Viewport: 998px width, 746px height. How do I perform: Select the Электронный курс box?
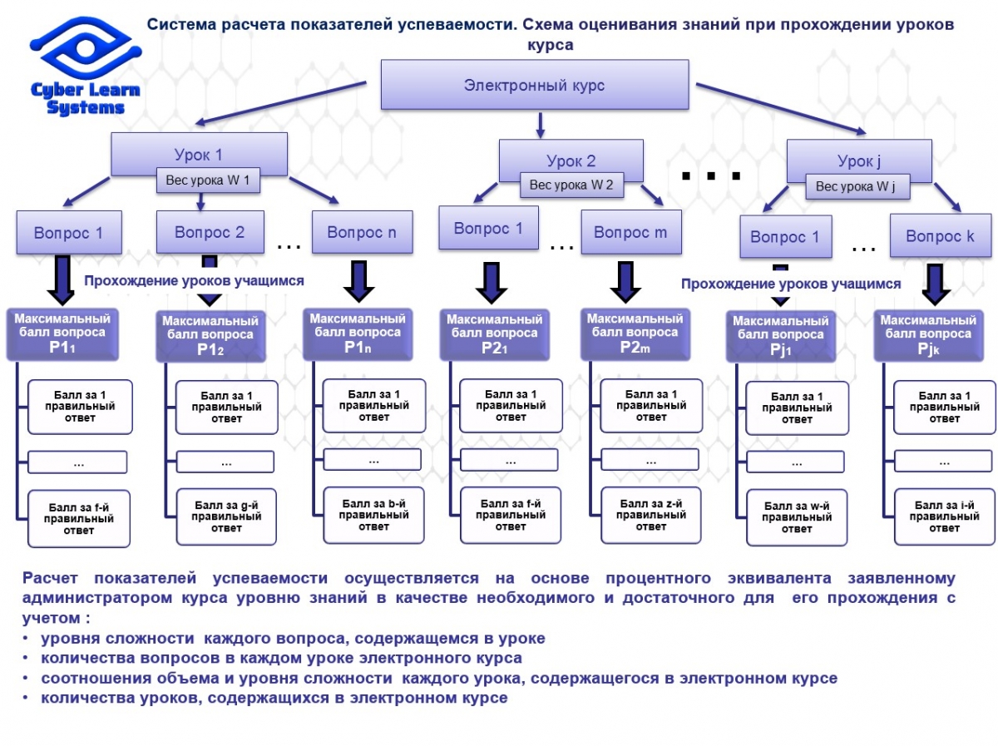point(535,85)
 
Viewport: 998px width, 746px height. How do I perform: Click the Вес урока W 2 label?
point(571,185)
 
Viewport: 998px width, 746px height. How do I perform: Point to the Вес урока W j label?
point(857,186)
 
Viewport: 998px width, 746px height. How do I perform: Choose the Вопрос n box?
point(362,232)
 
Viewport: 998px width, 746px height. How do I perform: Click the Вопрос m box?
point(630,233)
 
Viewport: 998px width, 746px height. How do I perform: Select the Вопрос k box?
point(940,236)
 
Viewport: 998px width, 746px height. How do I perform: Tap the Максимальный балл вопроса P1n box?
point(357,333)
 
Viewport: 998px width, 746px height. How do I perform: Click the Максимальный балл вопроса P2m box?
point(635,333)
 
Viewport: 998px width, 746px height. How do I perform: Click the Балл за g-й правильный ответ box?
point(226,516)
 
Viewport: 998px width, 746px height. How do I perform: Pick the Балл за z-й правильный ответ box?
point(651,515)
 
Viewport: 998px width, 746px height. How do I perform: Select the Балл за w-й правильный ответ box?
point(797,517)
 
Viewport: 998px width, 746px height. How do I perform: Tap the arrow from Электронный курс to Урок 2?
point(541,124)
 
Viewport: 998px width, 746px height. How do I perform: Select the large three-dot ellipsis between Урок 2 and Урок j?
point(711,176)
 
